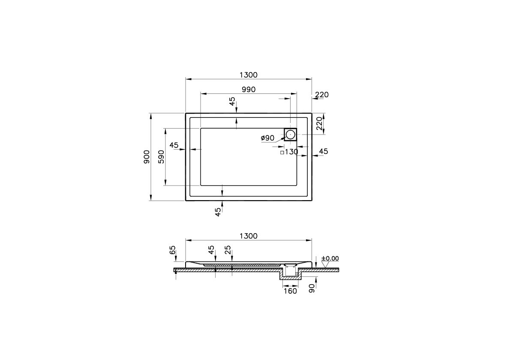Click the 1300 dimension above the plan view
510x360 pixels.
(248, 75)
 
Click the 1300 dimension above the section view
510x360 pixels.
(248, 236)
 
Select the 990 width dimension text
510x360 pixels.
(248, 90)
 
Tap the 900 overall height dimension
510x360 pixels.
(147, 156)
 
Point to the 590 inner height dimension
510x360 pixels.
(161, 156)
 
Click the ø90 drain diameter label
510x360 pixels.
(267, 138)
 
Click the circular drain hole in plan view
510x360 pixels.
(290, 134)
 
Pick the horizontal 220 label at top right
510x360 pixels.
(321, 95)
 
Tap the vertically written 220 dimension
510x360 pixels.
(319, 123)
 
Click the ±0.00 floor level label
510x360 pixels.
(330, 258)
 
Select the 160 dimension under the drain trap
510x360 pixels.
(290, 291)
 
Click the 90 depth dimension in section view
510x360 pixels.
(312, 288)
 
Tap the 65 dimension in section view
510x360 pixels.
(173, 250)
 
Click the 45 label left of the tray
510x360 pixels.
(174, 145)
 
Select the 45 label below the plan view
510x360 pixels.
(218, 211)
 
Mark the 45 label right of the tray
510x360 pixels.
(324, 151)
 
